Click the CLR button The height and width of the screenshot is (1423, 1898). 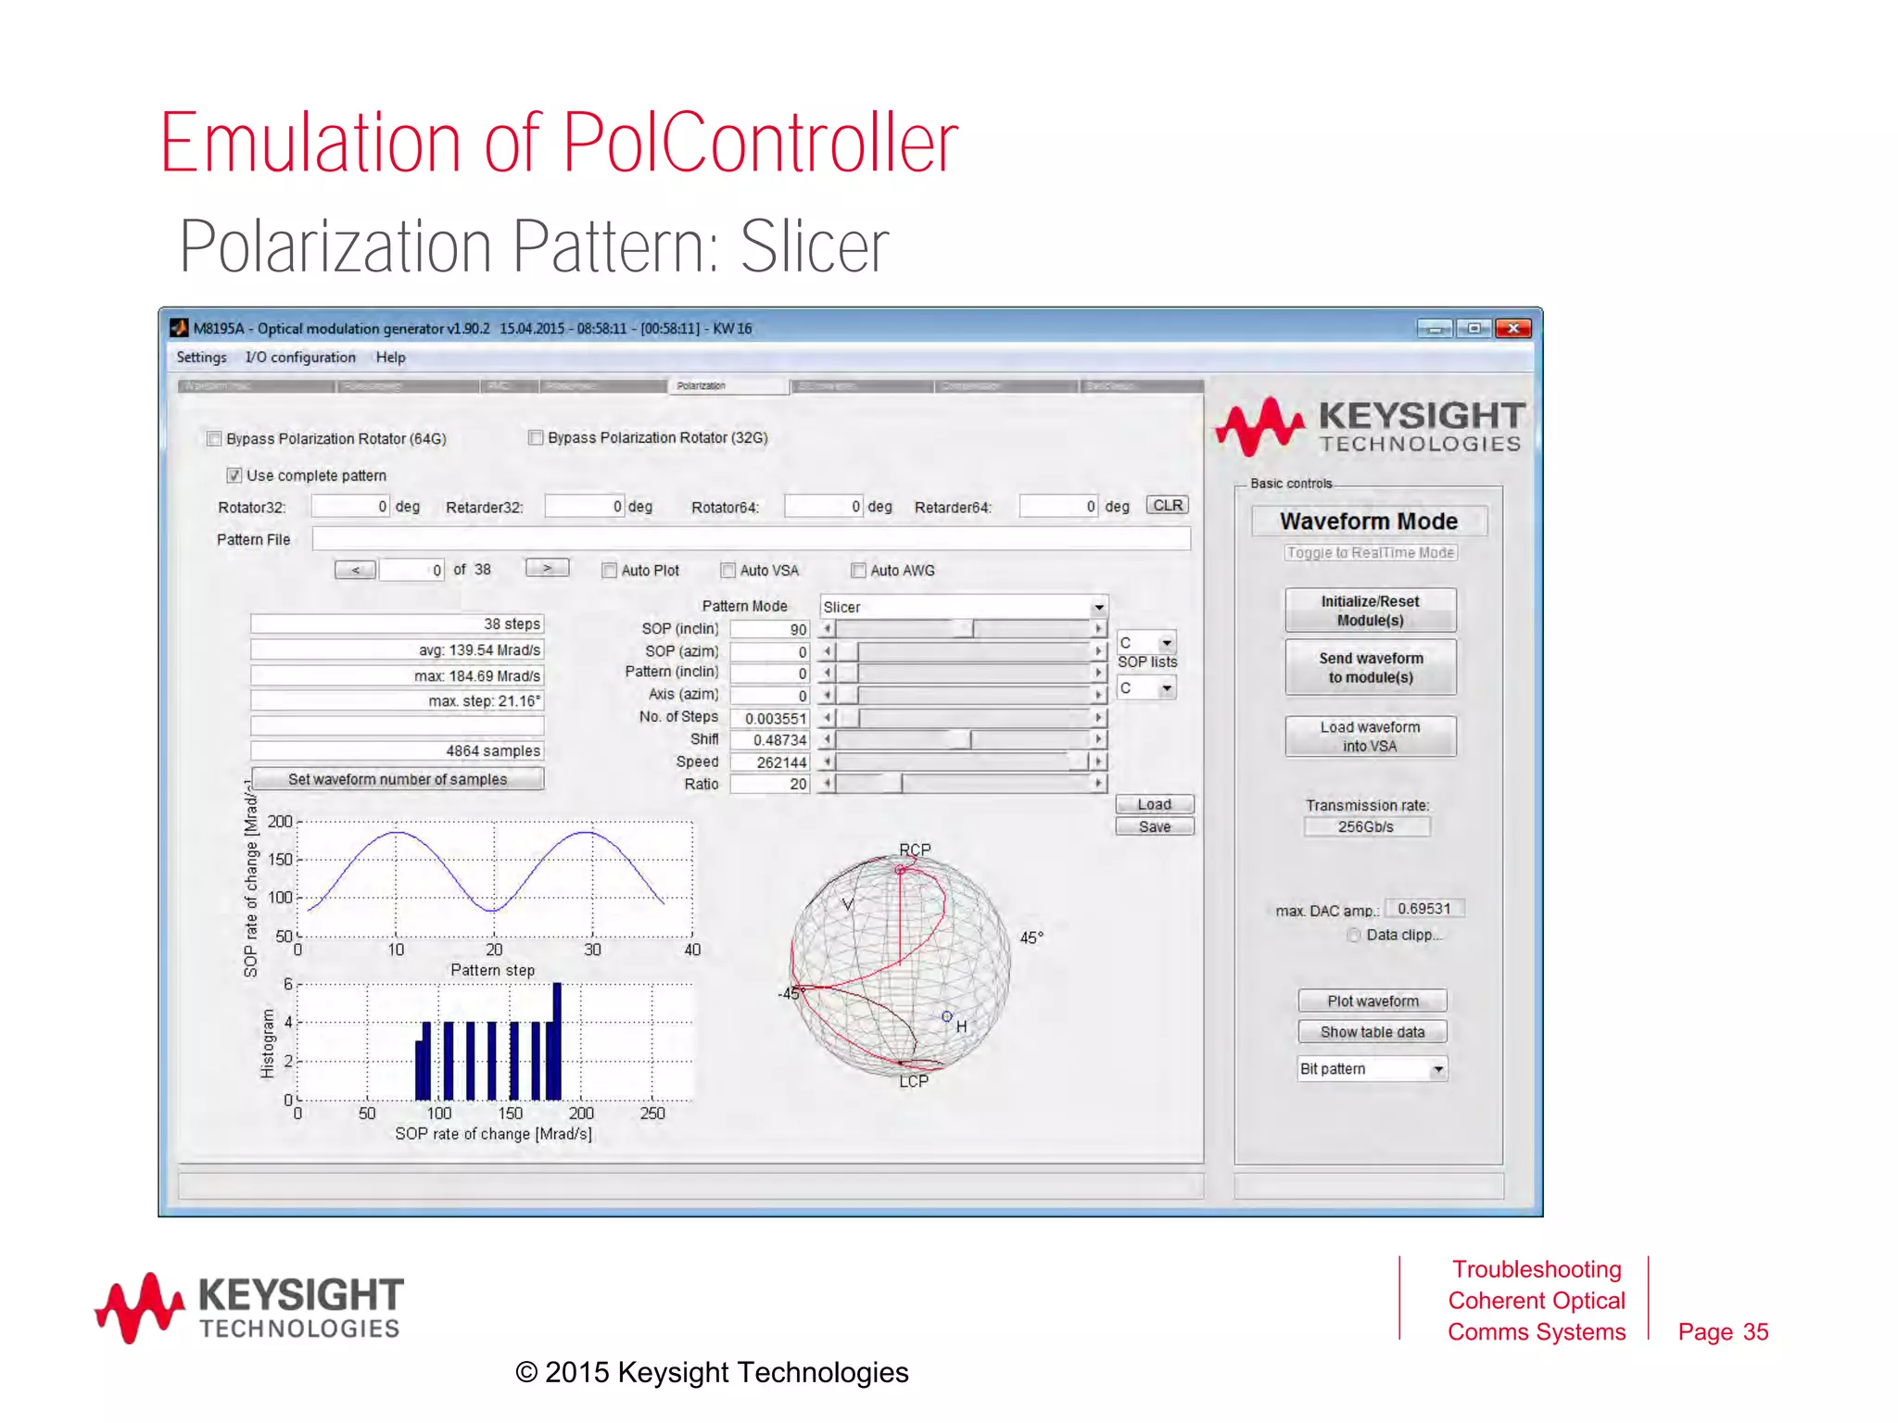pyautogui.click(x=1167, y=506)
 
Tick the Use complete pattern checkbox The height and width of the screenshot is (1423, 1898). pyautogui.click(x=234, y=475)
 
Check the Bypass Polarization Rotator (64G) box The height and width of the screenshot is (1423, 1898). pyautogui.click(x=214, y=439)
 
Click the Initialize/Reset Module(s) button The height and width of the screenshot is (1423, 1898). pyautogui.click(x=1370, y=611)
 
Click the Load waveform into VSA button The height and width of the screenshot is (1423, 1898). pyautogui.click(x=1370, y=737)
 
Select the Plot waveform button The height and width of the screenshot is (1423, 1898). pyautogui.click(x=1372, y=1001)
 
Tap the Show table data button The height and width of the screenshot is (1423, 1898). pyautogui.click(x=1372, y=1032)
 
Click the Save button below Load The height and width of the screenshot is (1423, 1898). pyautogui.click(x=1154, y=826)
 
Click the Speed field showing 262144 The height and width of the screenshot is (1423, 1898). pyautogui.click(x=769, y=762)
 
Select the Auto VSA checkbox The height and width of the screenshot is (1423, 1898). pyautogui.click(x=728, y=571)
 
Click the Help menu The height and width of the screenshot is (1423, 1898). pyautogui.click(x=390, y=358)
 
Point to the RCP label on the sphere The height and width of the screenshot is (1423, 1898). pyautogui.click(x=915, y=850)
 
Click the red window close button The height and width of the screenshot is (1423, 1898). pyautogui.click(x=1512, y=328)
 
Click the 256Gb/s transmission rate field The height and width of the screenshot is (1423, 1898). pyautogui.click(x=1366, y=826)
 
